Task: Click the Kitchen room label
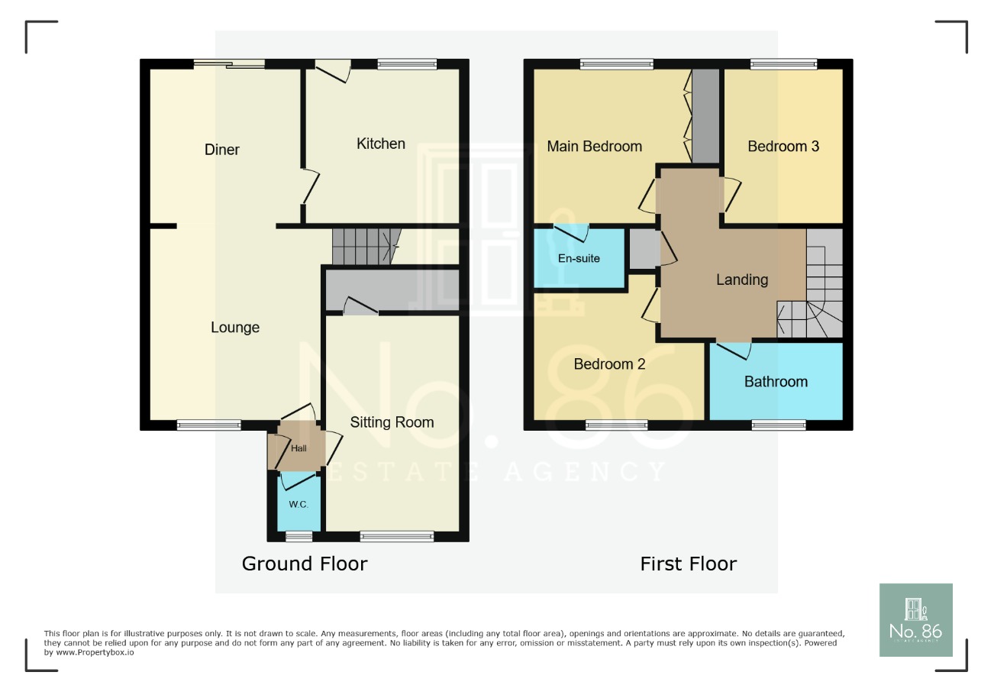pos(381,144)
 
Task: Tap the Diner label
pos(222,150)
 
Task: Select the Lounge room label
pos(235,328)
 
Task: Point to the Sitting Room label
pos(392,422)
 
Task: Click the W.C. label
pos(299,505)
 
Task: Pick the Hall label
pos(299,448)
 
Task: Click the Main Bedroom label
pos(594,147)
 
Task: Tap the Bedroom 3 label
pos(783,147)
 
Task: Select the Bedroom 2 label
pos(609,364)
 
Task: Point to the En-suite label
pos(579,258)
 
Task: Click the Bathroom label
pos(776,382)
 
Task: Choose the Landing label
pos(741,280)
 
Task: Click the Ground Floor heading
pos(305,564)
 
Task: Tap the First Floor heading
pos(688,564)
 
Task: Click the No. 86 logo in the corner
pos(915,620)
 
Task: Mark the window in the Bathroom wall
pos(778,425)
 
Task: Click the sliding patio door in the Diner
pos(229,64)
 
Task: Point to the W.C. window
pos(293,536)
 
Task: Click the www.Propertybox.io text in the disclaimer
pos(89,653)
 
